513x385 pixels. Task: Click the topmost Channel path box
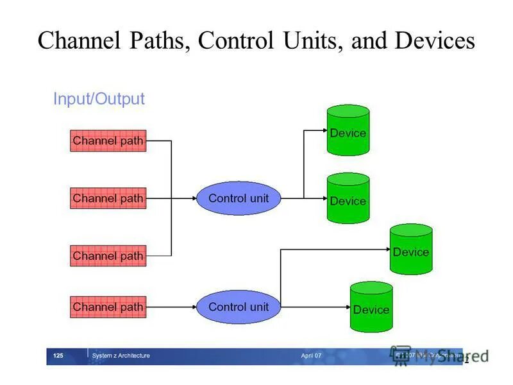(108, 141)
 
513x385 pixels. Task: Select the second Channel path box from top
(108, 198)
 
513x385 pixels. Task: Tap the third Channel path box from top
(108, 256)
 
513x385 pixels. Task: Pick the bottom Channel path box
(108, 307)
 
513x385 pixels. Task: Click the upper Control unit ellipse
(239, 198)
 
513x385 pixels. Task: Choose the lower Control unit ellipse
(239, 307)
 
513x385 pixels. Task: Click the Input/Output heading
(99, 99)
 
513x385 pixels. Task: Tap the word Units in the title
(310, 41)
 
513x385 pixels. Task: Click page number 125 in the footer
(58, 355)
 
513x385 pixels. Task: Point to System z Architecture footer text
(121, 355)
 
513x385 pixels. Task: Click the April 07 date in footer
(311, 355)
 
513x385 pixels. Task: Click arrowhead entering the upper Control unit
(193, 198)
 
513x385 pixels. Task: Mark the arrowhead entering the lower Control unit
(193, 307)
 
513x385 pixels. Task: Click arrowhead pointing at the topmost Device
(324, 130)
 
